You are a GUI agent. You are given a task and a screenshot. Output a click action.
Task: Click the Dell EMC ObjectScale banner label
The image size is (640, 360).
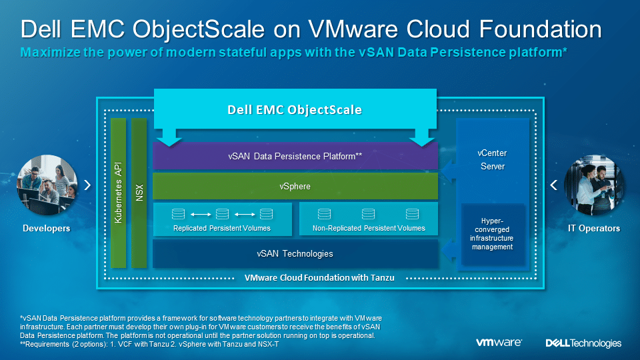pos(294,109)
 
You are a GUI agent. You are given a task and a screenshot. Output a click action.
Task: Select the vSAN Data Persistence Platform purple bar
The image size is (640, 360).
pos(295,156)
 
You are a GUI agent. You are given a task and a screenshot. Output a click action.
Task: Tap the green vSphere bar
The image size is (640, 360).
pos(295,186)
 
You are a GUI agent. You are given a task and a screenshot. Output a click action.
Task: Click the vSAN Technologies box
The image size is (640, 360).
pos(295,253)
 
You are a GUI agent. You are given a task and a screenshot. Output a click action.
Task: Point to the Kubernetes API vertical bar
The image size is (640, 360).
pos(119,193)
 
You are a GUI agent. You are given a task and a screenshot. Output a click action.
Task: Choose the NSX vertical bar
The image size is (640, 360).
pos(139,193)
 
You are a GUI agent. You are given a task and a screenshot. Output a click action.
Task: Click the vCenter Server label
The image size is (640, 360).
pos(492,159)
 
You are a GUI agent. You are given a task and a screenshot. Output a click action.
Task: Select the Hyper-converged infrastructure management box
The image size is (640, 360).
pos(492,234)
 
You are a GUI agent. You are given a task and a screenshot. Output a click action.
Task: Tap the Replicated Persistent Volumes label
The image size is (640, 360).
pos(221,228)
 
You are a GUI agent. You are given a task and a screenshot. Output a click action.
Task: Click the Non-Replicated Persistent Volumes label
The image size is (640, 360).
pos(369,228)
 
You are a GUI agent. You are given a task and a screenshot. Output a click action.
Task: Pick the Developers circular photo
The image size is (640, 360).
pos(47,185)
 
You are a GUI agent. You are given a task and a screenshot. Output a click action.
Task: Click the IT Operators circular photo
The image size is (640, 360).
pos(594,185)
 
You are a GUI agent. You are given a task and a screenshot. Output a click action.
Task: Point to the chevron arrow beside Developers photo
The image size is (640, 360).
pos(87,185)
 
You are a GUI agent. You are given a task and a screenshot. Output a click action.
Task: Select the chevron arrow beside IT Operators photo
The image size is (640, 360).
pos(553,185)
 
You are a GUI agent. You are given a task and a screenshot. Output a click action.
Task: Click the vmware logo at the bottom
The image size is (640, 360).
pos(499,343)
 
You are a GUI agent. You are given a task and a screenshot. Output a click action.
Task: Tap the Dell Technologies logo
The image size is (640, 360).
pos(583,343)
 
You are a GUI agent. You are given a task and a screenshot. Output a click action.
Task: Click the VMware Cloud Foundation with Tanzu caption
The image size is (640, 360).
pos(319,278)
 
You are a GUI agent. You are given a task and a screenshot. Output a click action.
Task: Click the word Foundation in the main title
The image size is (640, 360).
pos(540,29)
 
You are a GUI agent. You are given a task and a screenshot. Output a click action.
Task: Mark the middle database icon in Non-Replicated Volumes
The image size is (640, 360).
pos(368,213)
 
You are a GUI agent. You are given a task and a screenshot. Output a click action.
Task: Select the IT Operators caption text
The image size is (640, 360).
pos(594,228)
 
